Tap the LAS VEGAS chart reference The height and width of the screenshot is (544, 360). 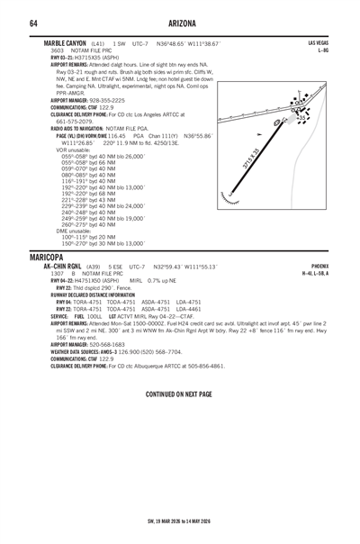(x=318, y=42)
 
